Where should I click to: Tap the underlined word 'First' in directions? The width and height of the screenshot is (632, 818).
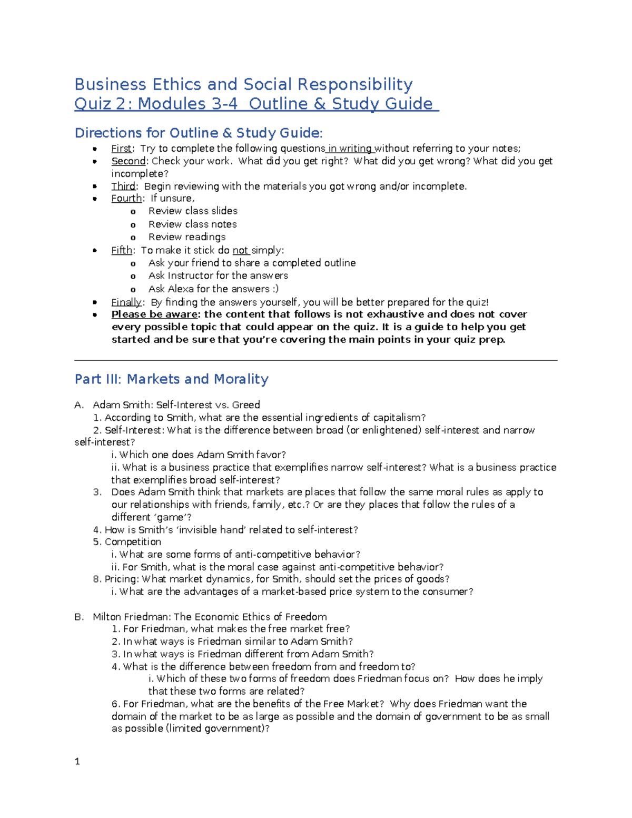(x=121, y=149)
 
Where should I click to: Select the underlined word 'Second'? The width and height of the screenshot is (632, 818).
(x=128, y=161)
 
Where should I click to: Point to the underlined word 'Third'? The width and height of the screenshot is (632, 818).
(x=123, y=186)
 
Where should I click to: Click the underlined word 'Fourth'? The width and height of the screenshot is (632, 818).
(x=126, y=199)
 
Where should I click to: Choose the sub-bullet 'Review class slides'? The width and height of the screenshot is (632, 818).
(x=193, y=211)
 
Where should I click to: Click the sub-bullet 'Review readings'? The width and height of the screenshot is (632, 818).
(x=187, y=237)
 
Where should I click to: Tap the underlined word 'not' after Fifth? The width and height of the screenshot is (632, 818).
(x=240, y=250)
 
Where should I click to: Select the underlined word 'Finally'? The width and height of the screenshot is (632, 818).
(x=126, y=302)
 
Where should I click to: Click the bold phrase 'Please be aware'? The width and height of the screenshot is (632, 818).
(x=155, y=314)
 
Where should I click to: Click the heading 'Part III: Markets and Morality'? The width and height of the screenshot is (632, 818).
(x=172, y=379)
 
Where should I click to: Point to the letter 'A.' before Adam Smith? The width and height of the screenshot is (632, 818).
(x=79, y=405)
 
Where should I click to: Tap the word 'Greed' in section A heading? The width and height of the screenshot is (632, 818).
(x=246, y=405)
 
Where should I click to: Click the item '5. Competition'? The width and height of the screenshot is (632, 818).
(x=127, y=542)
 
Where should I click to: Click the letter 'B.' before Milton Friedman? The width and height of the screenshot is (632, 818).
(x=79, y=617)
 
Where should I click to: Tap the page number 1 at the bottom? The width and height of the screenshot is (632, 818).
(x=77, y=761)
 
